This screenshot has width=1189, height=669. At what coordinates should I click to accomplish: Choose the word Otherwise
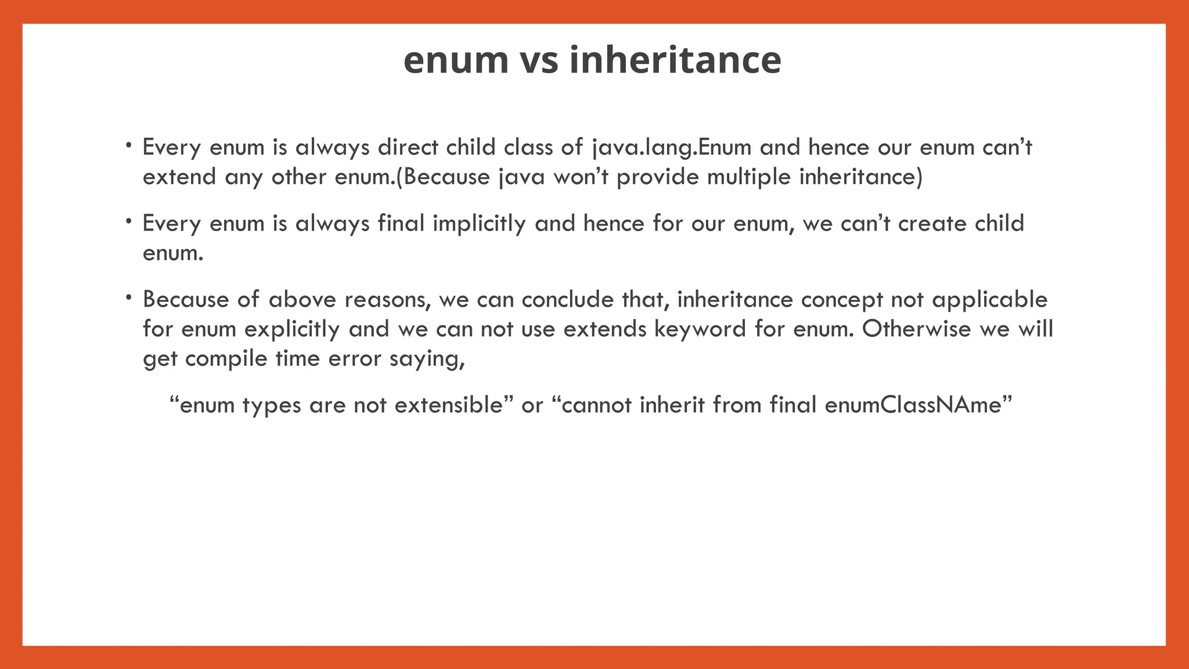tap(916, 329)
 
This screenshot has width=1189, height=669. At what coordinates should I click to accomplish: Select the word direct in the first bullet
tap(408, 148)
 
